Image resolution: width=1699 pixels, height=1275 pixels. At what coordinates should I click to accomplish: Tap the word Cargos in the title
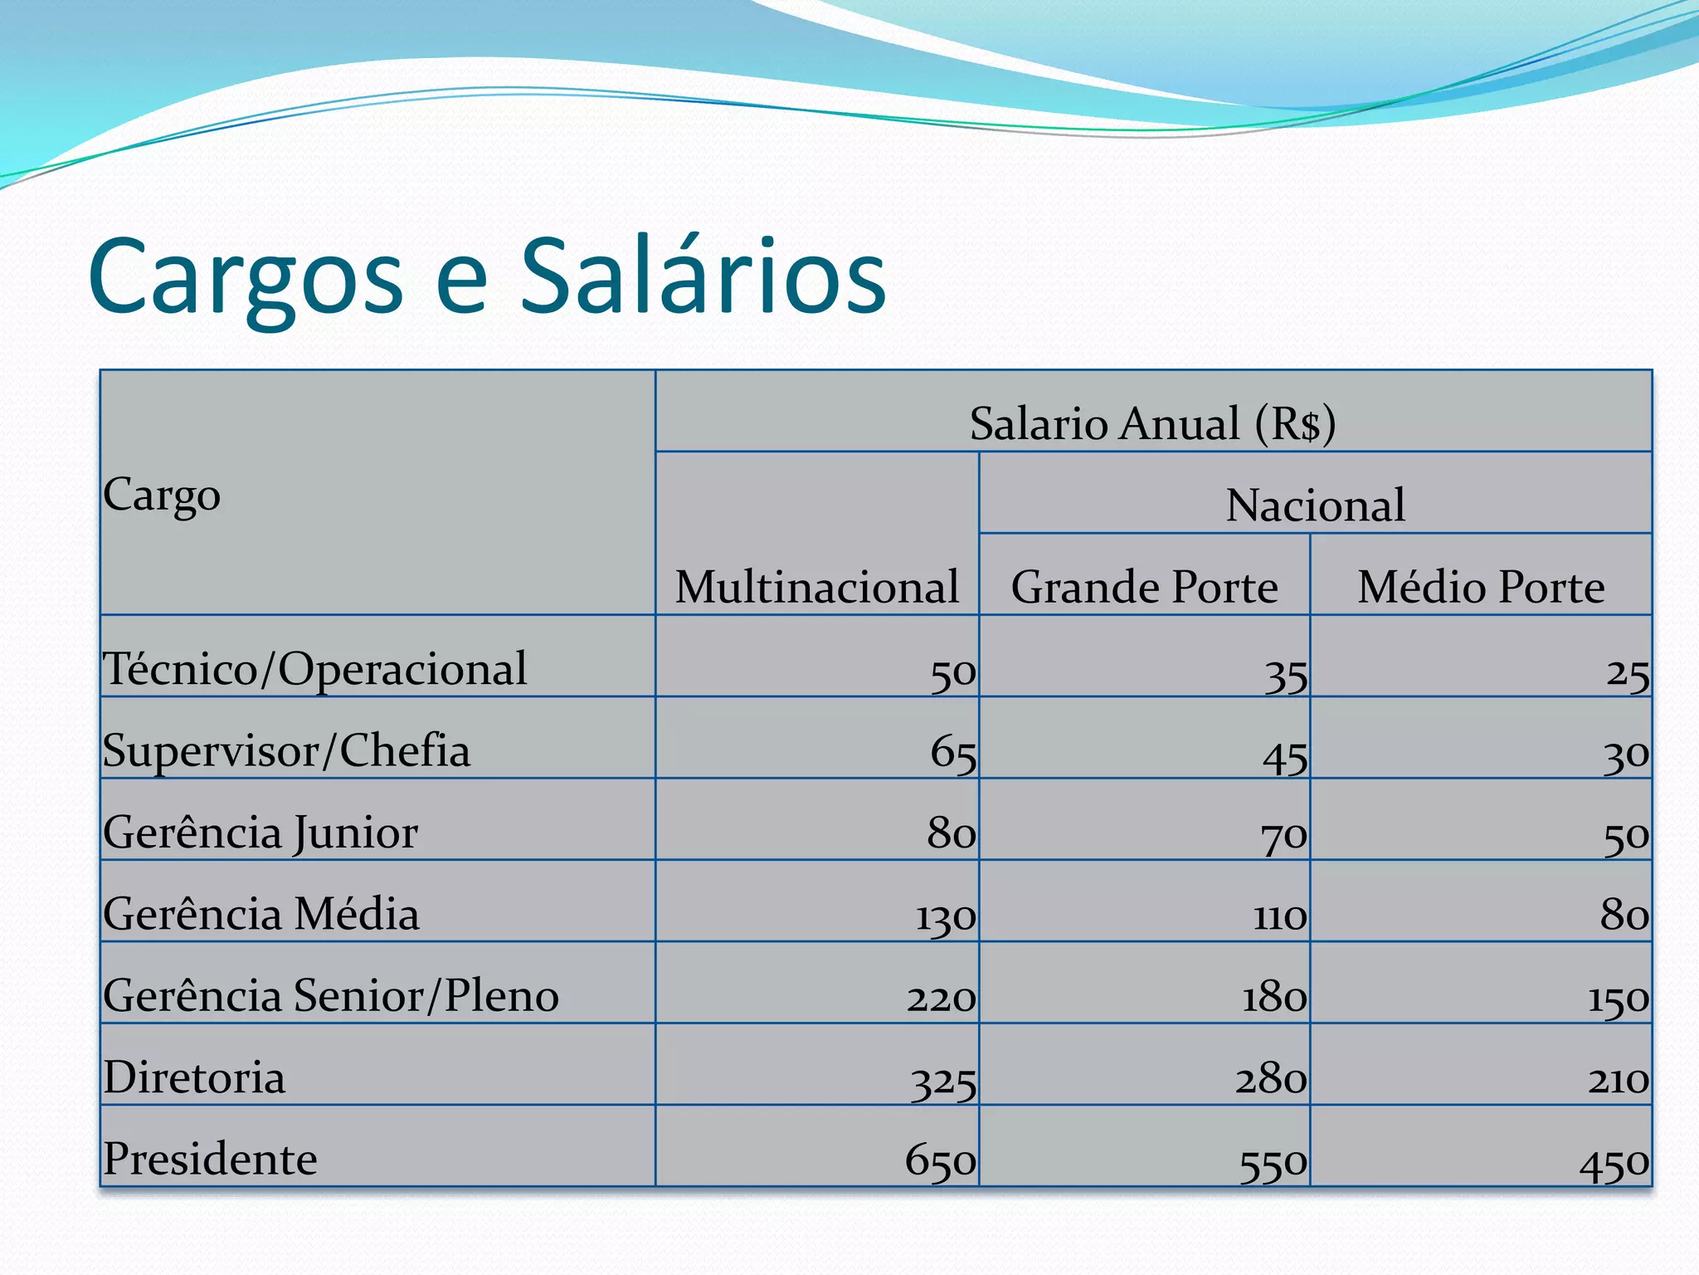tap(246, 279)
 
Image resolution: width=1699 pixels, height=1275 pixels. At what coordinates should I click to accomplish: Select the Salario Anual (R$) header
tap(1152, 423)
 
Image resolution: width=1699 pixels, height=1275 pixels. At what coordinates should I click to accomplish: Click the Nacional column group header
tap(1315, 505)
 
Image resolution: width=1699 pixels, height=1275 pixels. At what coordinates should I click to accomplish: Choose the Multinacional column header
tap(816, 587)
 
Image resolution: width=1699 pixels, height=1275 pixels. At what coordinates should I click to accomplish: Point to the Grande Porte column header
tap(1144, 587)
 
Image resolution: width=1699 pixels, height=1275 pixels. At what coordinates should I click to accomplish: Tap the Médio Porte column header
tap(1481, 587)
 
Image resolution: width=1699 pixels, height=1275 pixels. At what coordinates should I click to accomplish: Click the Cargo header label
tap(162, 496)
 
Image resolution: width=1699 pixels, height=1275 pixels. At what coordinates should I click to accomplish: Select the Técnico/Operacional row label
tap(314, 669)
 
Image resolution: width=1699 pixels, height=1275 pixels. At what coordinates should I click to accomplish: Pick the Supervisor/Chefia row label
tap(286, 751)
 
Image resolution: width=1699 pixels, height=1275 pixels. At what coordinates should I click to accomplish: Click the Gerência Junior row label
tap(260, 833)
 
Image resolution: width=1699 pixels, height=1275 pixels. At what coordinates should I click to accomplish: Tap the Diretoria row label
tap(194, 1077)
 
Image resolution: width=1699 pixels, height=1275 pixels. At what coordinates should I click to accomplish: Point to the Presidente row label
tap(210, 1159)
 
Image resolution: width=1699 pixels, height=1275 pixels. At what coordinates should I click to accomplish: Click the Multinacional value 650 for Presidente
tap(940, 1160)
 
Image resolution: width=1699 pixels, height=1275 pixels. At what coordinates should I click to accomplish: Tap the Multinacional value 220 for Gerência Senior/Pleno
tap(941, 997)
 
